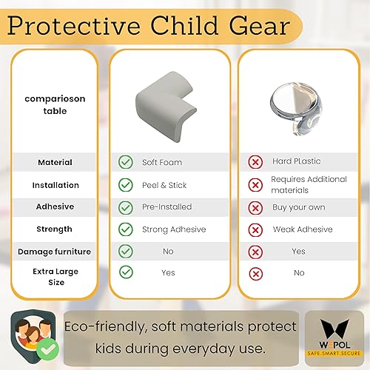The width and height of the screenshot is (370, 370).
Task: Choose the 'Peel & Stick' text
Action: [164, 185]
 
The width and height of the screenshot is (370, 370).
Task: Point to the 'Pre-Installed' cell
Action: [166, 207]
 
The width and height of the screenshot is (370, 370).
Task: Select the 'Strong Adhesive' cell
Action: [174, 229]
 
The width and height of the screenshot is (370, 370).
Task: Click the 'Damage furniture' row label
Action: [55, 252]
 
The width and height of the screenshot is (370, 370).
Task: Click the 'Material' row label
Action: [55, 162]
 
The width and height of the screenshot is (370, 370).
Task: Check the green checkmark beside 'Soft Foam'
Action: [126, 162]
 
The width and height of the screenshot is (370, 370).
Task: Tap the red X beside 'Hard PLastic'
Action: [256, 162]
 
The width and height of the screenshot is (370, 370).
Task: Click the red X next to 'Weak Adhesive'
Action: [256, 229]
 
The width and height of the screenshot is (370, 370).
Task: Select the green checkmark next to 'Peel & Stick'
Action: [126, 185]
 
